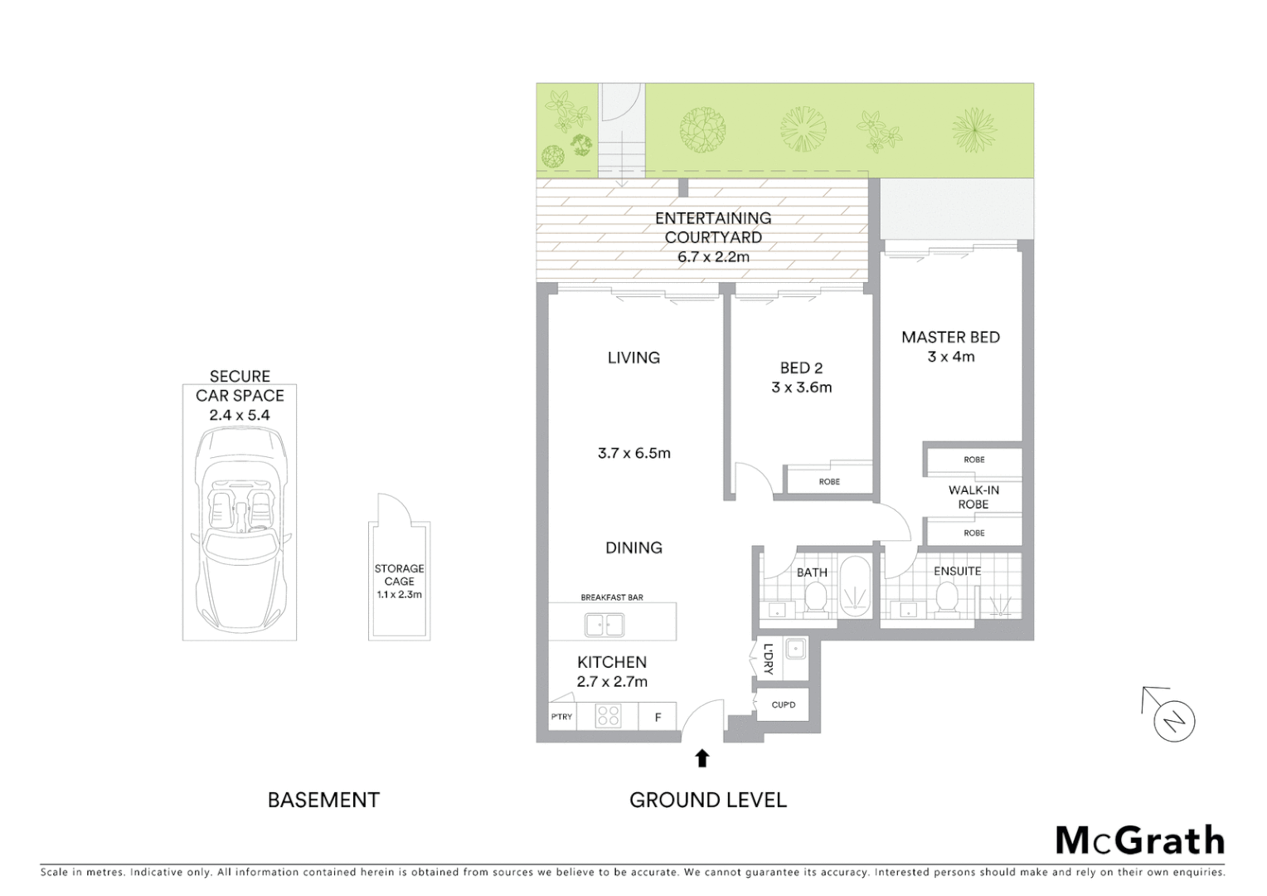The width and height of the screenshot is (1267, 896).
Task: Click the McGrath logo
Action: (x=1139, y=840)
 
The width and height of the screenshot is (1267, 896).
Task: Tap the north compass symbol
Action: (x=1172, y=718)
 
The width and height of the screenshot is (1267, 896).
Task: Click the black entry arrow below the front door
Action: (x=701, y=758)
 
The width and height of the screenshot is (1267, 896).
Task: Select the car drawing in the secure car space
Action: (x=240, y=531)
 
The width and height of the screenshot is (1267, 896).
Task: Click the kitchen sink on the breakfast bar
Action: (x=604, y=624)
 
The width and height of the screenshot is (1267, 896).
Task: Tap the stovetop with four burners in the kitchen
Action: (x=608, y=715)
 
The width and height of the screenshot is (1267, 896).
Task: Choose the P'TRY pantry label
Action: (x=561, y=717)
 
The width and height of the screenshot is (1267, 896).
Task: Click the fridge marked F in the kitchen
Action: (x=658, y=717)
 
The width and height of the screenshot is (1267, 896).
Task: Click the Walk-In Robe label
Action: (x=973, y=497)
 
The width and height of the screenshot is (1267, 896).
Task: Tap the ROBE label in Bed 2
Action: (x=829, y=481)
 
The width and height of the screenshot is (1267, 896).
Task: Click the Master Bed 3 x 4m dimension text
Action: (x=951, y=357)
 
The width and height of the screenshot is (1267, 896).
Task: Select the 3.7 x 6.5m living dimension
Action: (x=634, y=453)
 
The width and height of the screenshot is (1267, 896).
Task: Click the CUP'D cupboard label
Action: (x=784, y=705)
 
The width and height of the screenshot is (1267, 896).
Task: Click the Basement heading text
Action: (x=323, y=800)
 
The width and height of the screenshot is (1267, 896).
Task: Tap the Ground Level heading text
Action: (x=707, y=800)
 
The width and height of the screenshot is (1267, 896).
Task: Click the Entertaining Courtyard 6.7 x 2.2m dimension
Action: (x=713, y=257)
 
